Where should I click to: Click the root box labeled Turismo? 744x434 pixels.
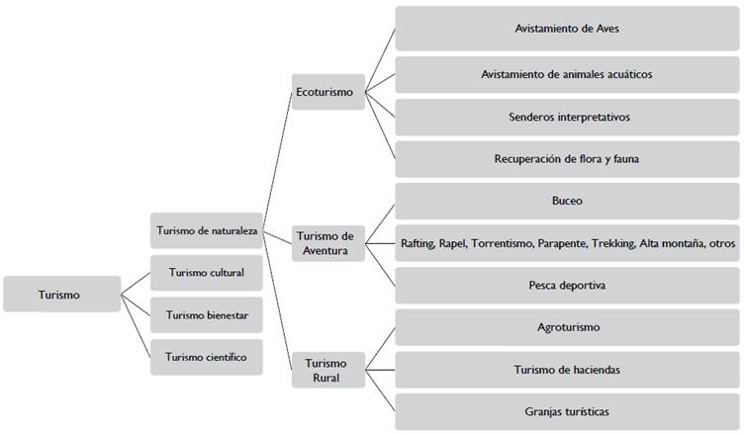pos(60,294)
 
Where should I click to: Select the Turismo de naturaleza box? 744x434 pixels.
pos(207,230)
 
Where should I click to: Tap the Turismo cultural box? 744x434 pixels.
pos(207,273)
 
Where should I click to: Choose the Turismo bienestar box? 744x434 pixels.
pos(207,315)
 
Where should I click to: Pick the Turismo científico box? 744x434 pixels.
pos(207,357)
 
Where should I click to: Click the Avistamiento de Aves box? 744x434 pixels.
pos(567,29)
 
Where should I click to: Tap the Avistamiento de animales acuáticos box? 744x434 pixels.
pos(567,74)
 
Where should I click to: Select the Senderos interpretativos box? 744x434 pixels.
pos(567,117)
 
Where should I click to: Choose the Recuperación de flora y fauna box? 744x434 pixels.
pos(567,158)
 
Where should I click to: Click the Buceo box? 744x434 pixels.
pos(567,201)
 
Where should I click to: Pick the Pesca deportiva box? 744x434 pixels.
pos(567,286)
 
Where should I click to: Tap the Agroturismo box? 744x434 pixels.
pos(567,327)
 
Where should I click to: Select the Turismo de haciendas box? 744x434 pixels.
pos(567,370)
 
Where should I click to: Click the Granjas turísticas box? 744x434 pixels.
pos(567,411)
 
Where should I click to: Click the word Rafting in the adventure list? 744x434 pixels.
pos(421,243)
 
